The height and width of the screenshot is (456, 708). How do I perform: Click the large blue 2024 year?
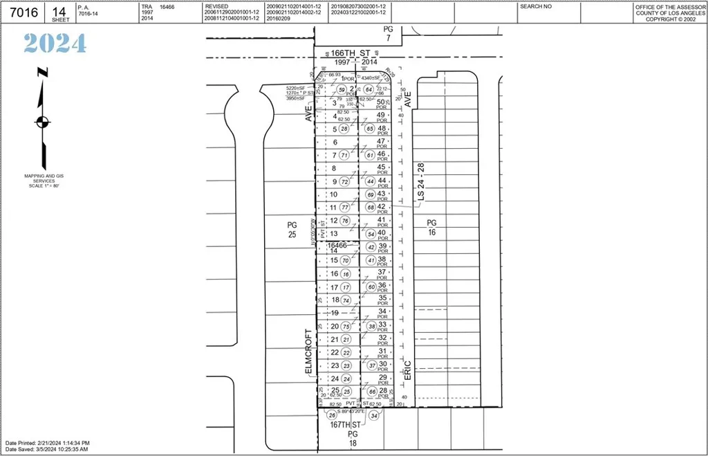55,44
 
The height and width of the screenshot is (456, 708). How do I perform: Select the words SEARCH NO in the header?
536,6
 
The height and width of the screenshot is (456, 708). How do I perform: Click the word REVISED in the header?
216,6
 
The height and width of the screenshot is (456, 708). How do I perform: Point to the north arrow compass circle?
43,122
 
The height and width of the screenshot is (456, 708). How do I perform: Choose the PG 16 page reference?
431,227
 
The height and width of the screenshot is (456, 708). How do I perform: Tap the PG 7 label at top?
388,33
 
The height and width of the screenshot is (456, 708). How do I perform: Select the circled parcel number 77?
345,208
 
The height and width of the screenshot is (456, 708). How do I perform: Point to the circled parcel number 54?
371,234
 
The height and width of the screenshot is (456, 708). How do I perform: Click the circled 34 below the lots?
375,416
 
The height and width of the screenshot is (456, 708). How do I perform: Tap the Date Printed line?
47,442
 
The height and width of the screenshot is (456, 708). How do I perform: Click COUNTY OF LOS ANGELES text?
669,12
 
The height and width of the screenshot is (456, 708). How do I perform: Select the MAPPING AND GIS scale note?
43,181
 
